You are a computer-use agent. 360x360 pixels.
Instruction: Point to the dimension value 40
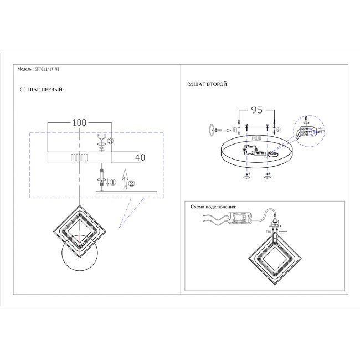coord(140,157)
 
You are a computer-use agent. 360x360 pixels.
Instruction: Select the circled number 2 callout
coord(131,182)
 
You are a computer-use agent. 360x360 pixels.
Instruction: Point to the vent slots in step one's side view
coord(80,158)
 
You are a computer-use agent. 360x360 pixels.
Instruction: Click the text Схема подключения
coord(213,207)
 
